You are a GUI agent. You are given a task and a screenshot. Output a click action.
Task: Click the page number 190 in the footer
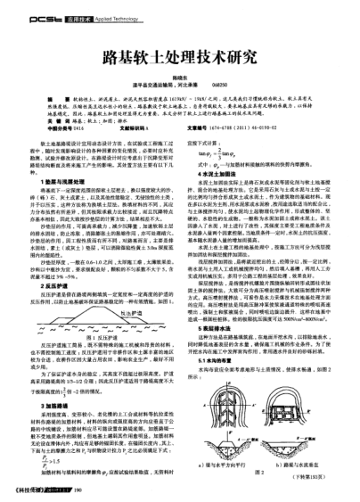(x=79, y=490)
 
